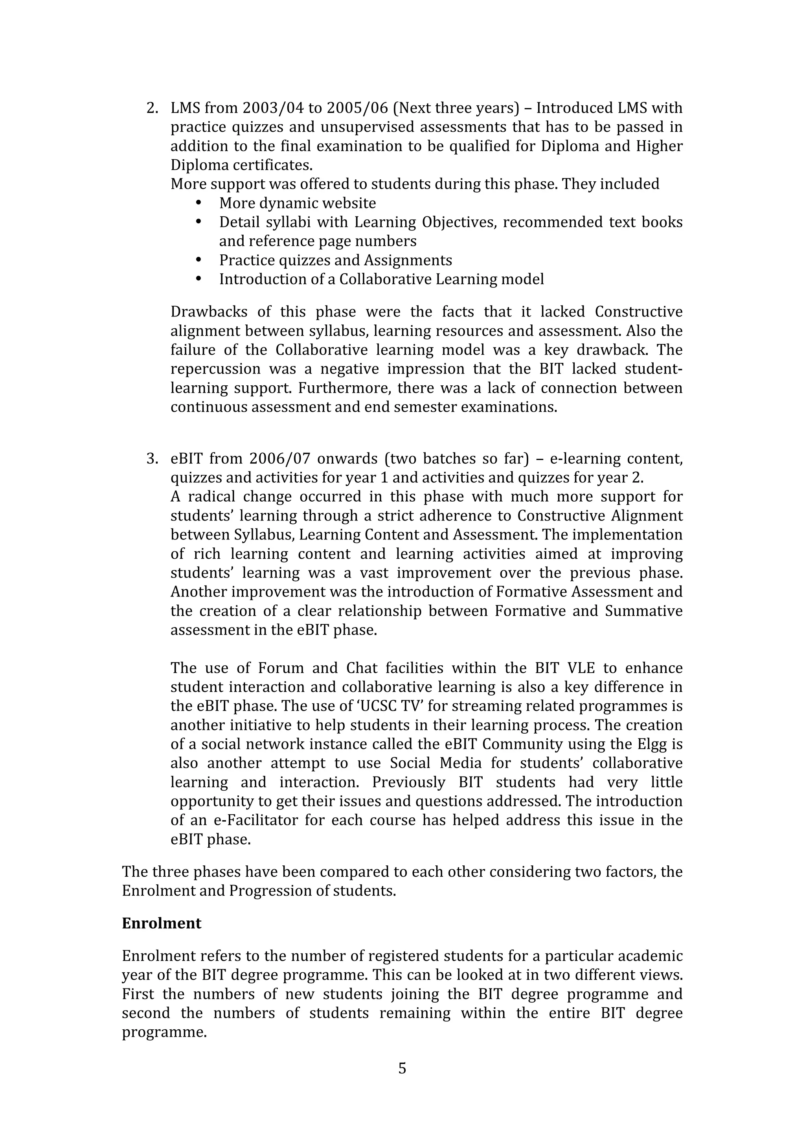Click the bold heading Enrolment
[162, 923]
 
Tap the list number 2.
[152, 108]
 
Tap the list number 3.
[152, 459]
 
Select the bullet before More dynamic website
[199, 203]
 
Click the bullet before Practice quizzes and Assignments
[199, 260]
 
